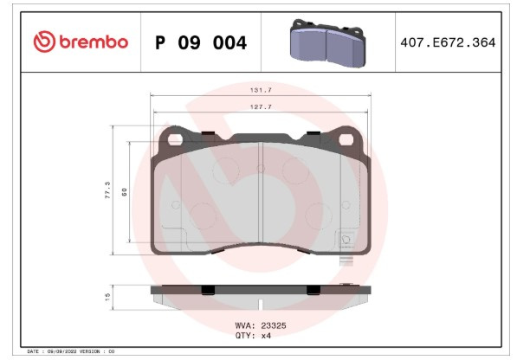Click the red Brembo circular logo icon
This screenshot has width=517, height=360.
44,42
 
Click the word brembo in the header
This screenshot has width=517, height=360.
94,42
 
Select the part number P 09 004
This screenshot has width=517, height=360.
201,42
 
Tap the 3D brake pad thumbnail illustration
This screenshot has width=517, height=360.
327,43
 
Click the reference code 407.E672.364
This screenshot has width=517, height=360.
448,42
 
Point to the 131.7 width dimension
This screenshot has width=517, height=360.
261,90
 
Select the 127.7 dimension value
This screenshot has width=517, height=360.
261,106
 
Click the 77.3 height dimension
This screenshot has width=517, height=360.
107,190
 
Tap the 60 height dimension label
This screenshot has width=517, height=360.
124,192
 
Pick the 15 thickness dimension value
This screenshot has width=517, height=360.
107,297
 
